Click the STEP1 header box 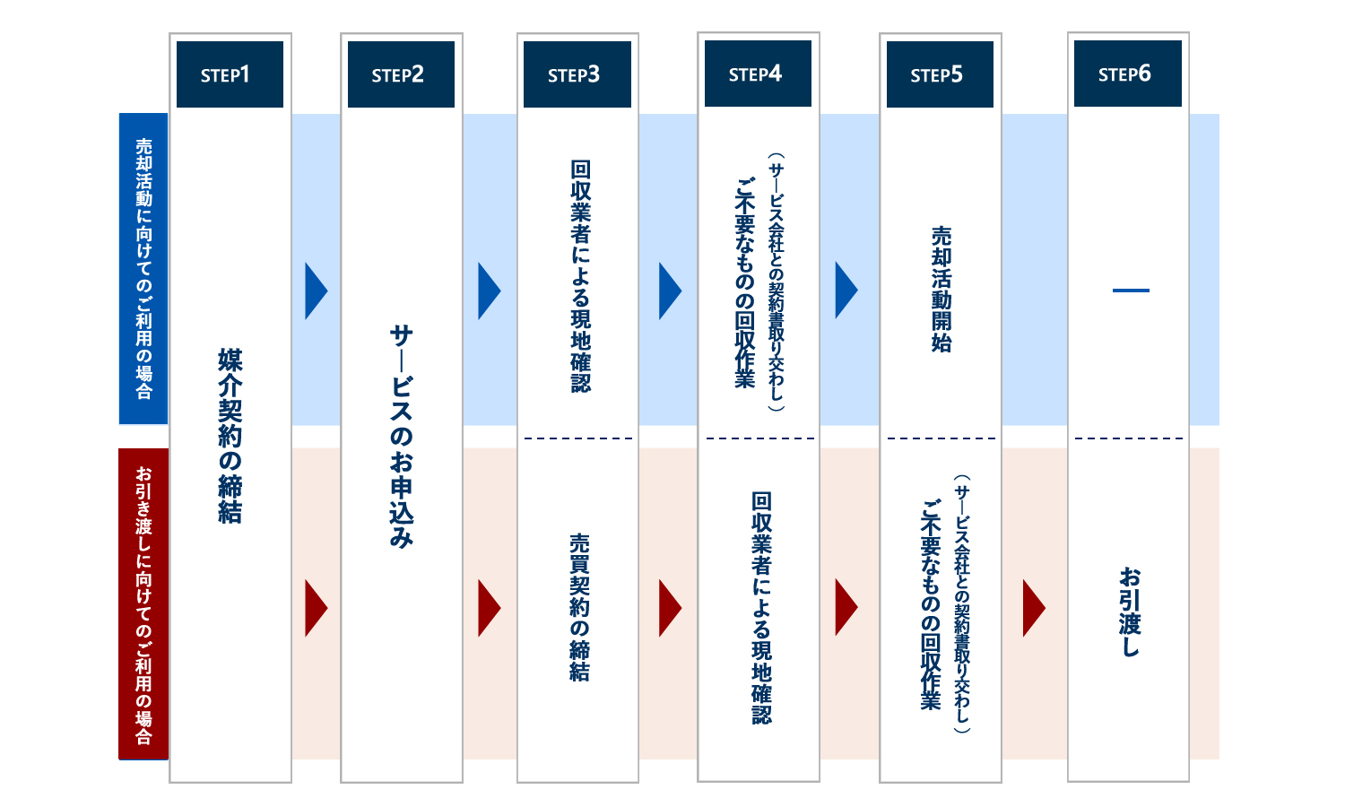[230, 74]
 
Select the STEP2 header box [401, 74]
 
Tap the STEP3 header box [577, 74]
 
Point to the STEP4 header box [758, 74]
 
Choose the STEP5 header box [940, 74]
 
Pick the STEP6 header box [1128, 74]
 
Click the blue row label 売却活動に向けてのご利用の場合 [143, 269]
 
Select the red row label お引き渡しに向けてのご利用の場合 [143, 604]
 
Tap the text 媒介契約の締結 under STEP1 [230, 436]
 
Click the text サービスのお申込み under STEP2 [401, 437]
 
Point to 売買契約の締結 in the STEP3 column [579, 608]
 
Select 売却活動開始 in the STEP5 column [941, 290]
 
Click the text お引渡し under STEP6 [1130, 612]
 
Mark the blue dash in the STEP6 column [1131, 291]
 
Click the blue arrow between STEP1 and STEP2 [316, 291]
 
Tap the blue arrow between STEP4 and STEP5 [846, 290]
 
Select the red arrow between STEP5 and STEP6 [1034, 608]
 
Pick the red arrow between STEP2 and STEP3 [489, 608]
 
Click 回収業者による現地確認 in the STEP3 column [581, 276]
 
